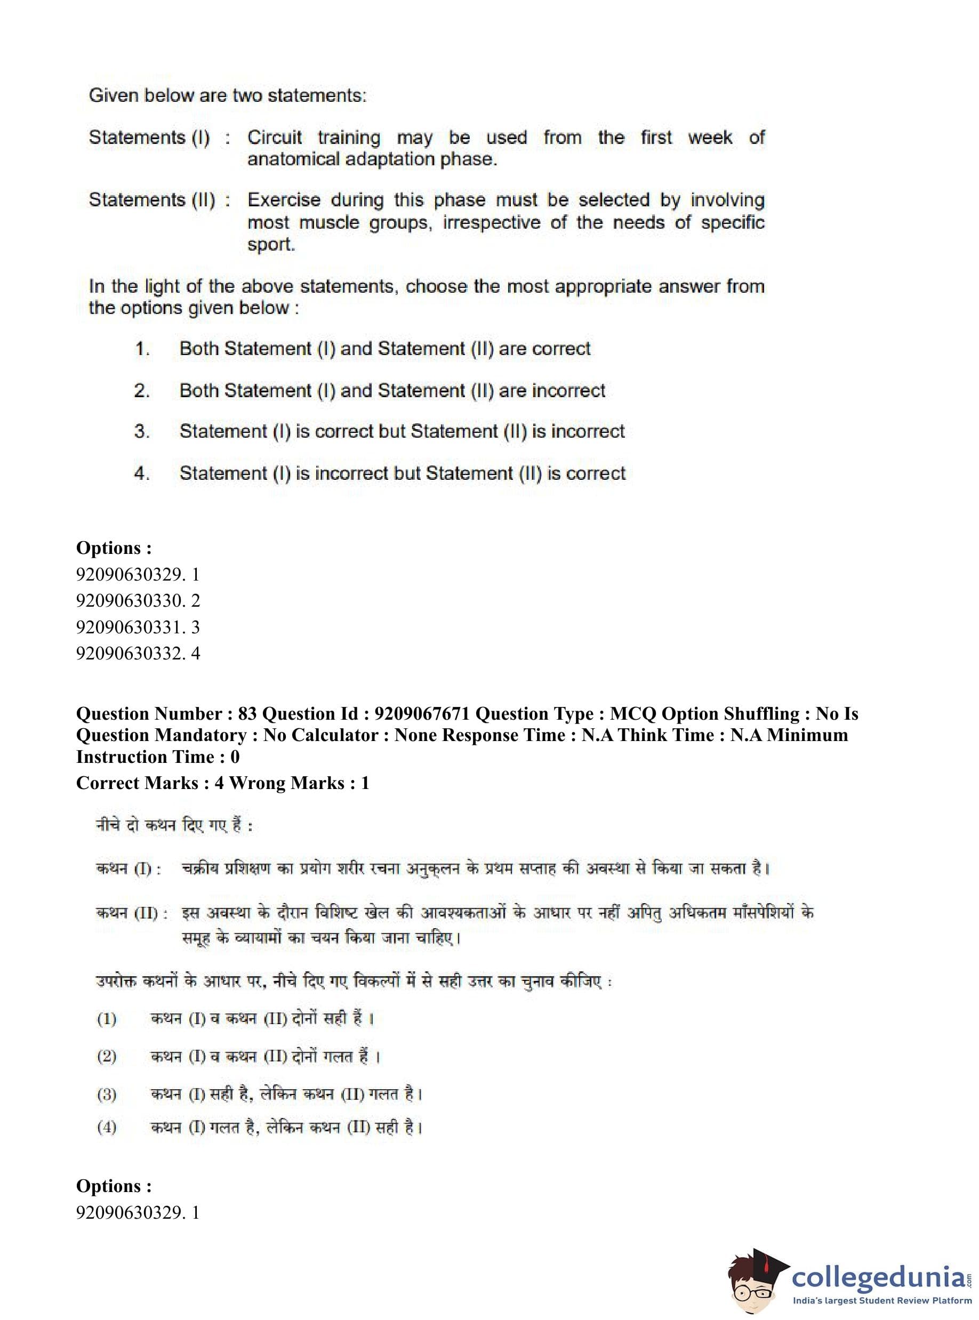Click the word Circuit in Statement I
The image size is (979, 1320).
tap(275, 138)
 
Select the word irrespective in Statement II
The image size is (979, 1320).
tap(491, 223)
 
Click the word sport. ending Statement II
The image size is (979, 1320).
tap(271, 245)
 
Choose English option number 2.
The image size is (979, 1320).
tap(142, 391)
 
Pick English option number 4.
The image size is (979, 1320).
tap(142, 473)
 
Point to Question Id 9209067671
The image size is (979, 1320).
tap(422, 714)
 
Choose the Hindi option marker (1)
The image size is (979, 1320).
tap(107, 1018)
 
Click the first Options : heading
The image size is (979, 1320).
tap(114, 548)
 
